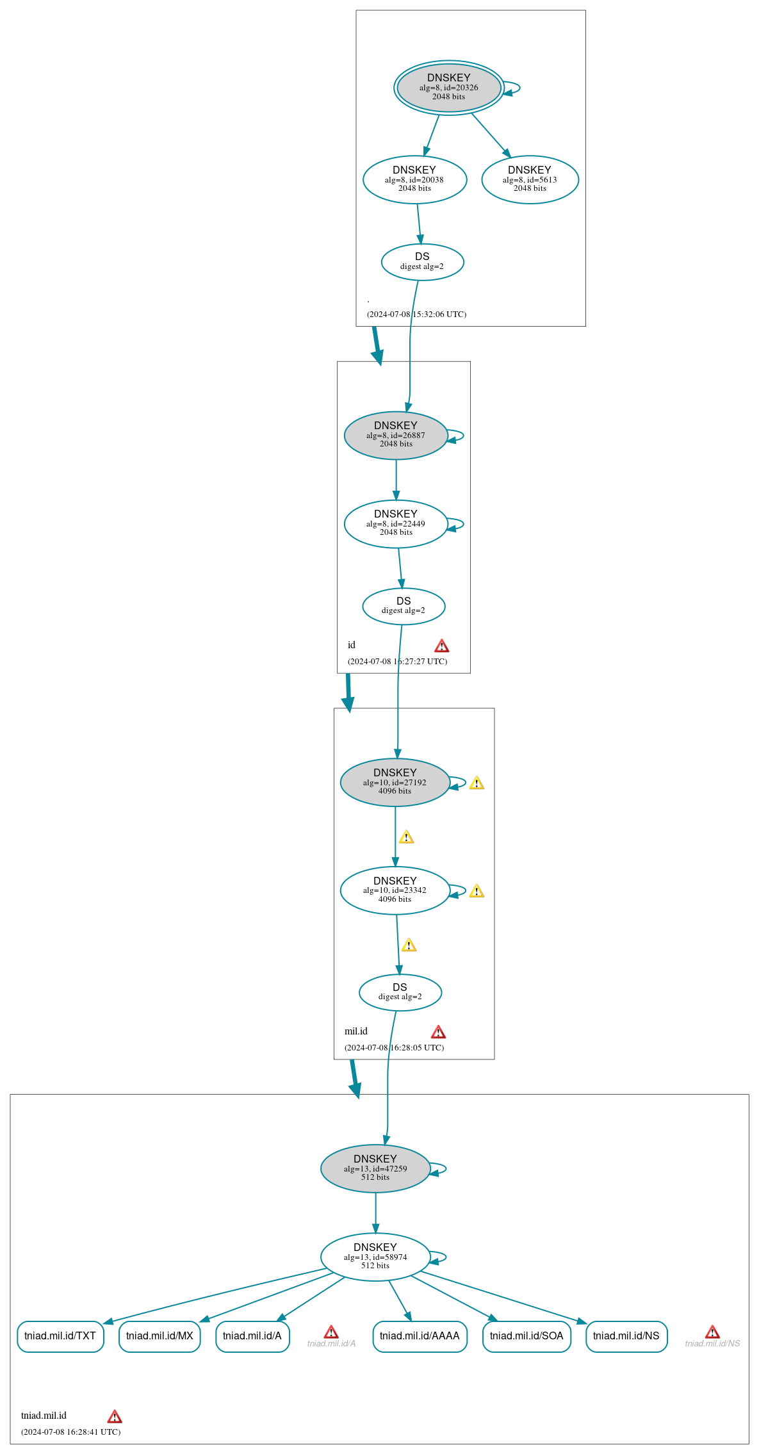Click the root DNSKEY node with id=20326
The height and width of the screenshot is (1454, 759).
point(448,87)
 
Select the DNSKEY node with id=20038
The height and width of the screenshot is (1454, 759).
point(414,179)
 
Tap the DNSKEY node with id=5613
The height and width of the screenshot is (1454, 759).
point(530,179)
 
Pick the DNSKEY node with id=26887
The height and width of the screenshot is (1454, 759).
point(396,435)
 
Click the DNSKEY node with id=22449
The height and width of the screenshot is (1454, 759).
point(396,523)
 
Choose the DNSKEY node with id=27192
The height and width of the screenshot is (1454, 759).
point(395,782)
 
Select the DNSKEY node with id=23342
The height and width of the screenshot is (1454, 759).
point(395,890)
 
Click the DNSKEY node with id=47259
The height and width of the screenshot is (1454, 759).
point(375,1168)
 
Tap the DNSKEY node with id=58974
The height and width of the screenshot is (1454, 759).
point(375,1257)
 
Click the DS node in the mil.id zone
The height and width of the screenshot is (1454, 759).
point(400,992)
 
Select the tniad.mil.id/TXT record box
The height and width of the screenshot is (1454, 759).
point(60,1336)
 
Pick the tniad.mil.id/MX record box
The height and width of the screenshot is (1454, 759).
point(159,1336)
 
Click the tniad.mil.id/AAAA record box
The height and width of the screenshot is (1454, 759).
point(420,1336)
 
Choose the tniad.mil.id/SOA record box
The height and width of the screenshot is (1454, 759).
point(526,1336)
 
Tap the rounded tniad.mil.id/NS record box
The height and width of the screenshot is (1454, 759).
point(626,1336)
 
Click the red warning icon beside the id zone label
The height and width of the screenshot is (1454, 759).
point(442,646)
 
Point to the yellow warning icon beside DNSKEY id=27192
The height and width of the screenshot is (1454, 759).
point(477,783)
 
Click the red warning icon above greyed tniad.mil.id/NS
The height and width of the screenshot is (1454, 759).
point(712,1332)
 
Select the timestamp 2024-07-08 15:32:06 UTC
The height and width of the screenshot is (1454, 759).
point(416,314)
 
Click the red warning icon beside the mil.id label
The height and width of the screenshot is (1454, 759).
point(438,1032)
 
